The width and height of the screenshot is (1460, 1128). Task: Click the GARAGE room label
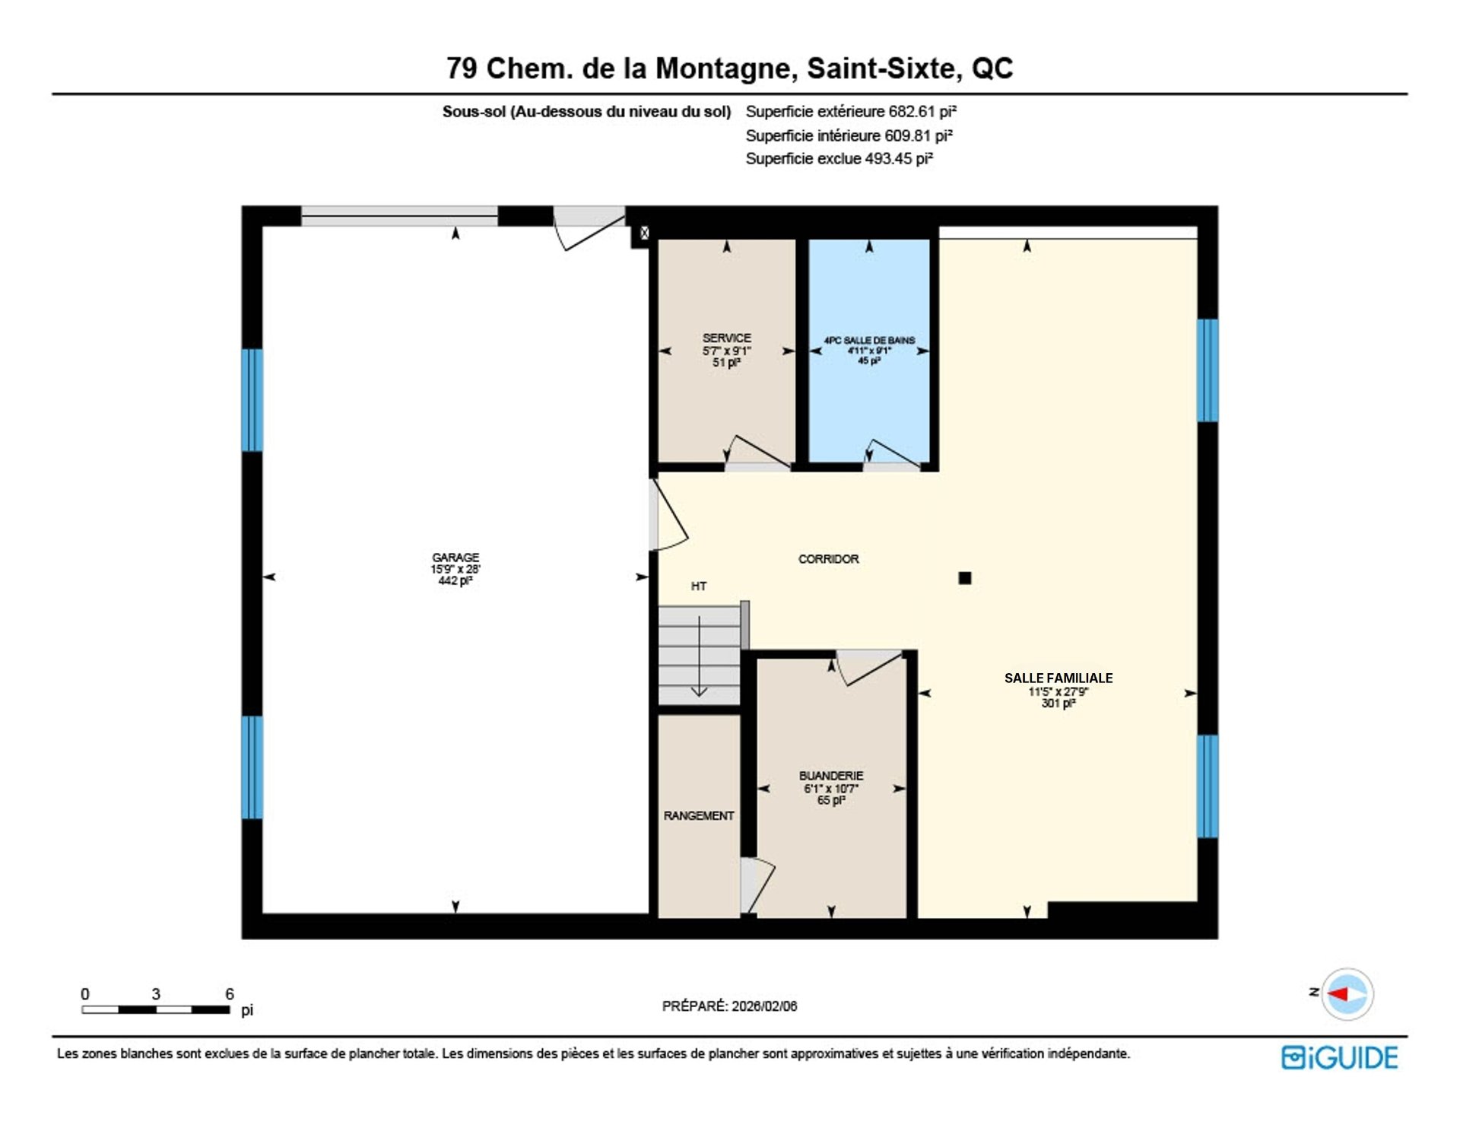coord(455,558)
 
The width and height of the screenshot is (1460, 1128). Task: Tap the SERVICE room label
coord(726,338)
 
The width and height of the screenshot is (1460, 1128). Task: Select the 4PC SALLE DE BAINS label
coord(869,340)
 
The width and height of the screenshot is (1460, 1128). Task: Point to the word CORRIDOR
coord(828,559)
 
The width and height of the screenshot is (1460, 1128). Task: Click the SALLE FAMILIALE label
coord(1058,678)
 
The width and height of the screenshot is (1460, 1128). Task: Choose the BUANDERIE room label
coord(831,776)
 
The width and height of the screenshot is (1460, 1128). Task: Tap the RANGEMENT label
coord(699,815)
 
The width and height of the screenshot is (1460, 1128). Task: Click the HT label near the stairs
coord(699,586)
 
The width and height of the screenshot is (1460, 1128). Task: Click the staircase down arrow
coord(699,656)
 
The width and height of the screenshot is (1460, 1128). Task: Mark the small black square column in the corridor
coord(965,578)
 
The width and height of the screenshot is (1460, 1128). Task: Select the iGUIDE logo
coord(1339,1058)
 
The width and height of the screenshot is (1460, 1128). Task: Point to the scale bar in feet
coord(156,1010)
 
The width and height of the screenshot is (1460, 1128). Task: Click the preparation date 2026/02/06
coord(764,1006)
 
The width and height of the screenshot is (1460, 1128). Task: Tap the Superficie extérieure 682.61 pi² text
coord(851,112)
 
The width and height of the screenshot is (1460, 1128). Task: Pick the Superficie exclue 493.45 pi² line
coord(839,159)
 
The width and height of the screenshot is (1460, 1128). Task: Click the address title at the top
coord(729,68)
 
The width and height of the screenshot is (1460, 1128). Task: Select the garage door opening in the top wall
coord(399,216)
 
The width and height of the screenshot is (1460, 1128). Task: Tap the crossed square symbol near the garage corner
coord(644,234)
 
